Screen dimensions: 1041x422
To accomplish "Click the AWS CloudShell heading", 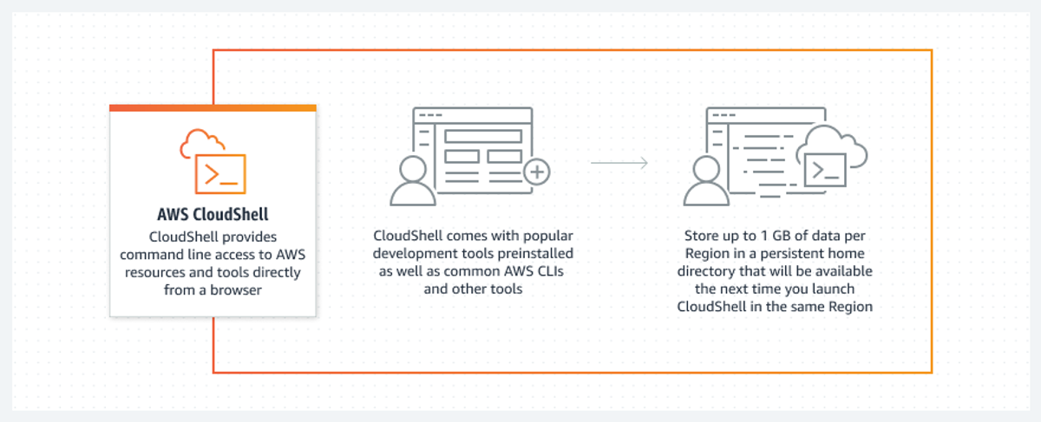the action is click(213, 215).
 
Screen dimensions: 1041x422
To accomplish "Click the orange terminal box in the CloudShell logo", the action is click(220, 173).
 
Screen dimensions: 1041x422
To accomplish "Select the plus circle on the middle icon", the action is click(537, 172).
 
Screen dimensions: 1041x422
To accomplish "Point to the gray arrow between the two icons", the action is click(619, 163).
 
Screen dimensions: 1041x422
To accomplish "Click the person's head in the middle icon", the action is click(413, 170).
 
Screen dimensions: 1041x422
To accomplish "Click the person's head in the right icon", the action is click(706, 170).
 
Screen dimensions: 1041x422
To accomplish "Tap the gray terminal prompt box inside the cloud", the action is click(825, 170).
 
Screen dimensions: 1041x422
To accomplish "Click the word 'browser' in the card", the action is click(236, 290).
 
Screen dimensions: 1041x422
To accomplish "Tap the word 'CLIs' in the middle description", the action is click(550, 271).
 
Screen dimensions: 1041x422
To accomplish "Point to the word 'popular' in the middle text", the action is click(547, 237).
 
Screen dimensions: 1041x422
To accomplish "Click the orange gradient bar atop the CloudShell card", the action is click(213, 108).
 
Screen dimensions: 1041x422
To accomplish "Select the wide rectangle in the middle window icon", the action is click(483, 137).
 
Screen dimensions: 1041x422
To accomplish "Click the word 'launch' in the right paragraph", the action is click(833, 289).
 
